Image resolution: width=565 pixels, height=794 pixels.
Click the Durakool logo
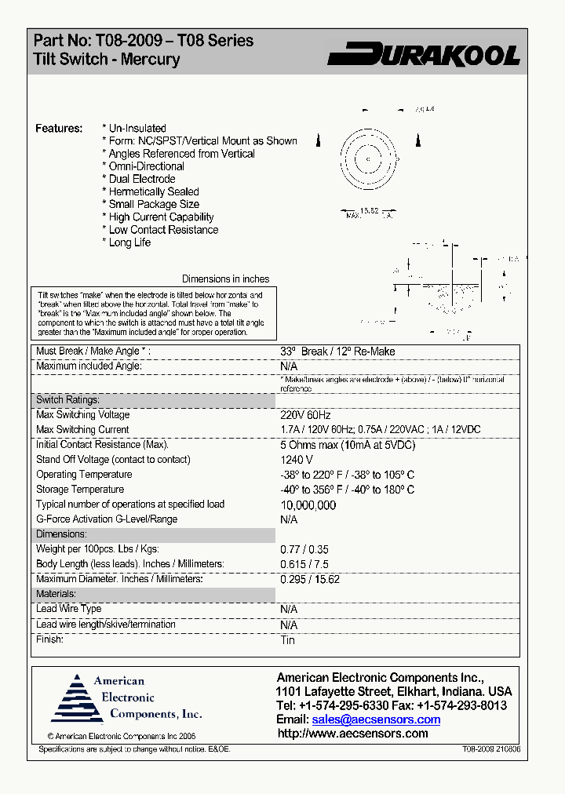pos(424,54)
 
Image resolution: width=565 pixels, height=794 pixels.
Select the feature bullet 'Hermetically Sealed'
pos(154,191)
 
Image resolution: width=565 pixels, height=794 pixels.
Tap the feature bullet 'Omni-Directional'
pos(147,166)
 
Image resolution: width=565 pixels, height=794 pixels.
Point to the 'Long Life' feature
pos(130,242)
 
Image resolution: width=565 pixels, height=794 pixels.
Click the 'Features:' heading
pos(59,128)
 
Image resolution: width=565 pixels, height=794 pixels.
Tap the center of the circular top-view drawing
pos(367,159)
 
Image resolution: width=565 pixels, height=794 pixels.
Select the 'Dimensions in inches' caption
pos(225,279)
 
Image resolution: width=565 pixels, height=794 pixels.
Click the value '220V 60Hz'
pos(305,415)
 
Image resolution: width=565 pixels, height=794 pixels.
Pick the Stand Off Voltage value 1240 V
pos(297,460)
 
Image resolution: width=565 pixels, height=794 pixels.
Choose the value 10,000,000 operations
pos(308,505)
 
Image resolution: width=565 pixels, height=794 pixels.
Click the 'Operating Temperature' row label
pos(84,475)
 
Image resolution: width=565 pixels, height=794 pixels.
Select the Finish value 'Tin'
pos(287,640)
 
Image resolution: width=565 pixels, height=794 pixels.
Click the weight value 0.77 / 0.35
pos(304,550)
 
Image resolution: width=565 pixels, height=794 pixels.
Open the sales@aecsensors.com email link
pos(376,719)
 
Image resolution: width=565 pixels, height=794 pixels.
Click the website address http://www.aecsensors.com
pos(353,734)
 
